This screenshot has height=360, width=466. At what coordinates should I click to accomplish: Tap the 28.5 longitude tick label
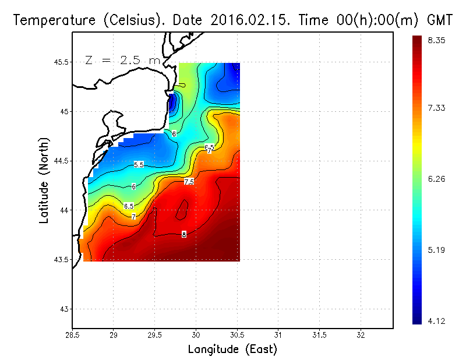pyautogui.click(x=72, y=336)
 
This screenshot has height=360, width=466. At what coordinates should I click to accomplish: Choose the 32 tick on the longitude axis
pyautogui.click(x=361, y=336)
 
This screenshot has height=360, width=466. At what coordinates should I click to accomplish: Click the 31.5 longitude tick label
pyautogui.click(x=319, y=336)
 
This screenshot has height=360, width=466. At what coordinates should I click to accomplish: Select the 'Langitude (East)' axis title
pyautogui.click(x=232, y=350)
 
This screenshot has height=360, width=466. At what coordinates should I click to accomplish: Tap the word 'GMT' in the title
pyautogui.click(x=440, y=20)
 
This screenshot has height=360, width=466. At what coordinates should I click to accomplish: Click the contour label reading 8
pyautogui.click(x=184, y=235)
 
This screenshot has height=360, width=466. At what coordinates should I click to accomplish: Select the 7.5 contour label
pyautogui.click(x=189, y=182)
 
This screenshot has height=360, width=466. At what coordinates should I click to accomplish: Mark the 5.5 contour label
pyautogui.click(x=139, y=165)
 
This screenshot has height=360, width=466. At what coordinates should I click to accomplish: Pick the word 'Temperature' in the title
pyautogui.click(x=50, y=20)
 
